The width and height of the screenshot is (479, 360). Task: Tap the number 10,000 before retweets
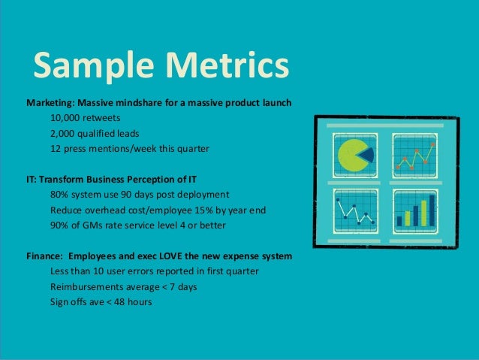tap(66, 118)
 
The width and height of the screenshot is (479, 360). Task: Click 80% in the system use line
tap(60, 195)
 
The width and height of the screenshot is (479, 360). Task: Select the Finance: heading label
tap(47, 256)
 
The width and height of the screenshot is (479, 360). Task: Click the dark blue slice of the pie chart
tap(366, 155)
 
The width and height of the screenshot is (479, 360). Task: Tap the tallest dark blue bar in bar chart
tap(432, 210)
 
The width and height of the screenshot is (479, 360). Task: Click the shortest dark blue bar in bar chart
tap(399, 221)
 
